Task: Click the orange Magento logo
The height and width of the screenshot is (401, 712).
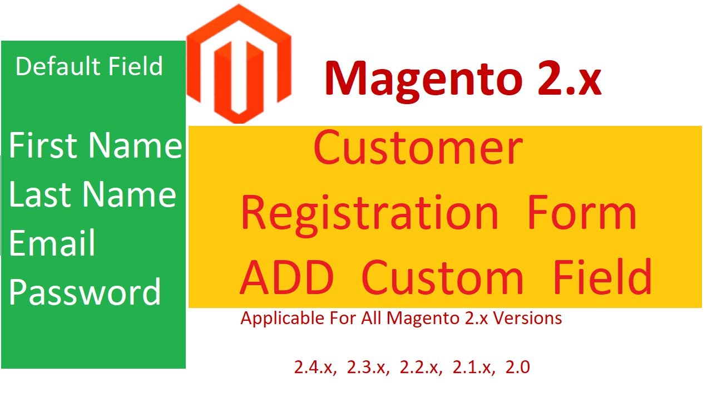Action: coord(239,64)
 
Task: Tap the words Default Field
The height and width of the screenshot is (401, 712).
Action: coord(89,66)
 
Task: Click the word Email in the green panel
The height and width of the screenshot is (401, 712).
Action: coord(52,244)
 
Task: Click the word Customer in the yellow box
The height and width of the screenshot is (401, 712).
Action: coord(418,149)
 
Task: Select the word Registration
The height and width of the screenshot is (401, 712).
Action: coord(369,213)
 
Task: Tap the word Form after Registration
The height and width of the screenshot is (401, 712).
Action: coord(582,213)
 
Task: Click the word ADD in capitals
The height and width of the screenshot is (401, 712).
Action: coord(288,277)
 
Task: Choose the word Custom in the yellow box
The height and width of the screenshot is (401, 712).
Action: coord(442,277)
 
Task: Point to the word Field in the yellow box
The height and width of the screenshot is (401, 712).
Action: coord(602,277)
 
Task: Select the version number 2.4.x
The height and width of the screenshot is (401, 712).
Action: coord(315,368)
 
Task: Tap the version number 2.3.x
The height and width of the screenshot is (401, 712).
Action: coord(368,368)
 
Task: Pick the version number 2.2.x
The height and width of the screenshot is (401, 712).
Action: coord(421,368)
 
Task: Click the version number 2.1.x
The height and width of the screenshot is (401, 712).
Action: coord(474,368)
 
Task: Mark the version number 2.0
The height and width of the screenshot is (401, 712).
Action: coord(518,368)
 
